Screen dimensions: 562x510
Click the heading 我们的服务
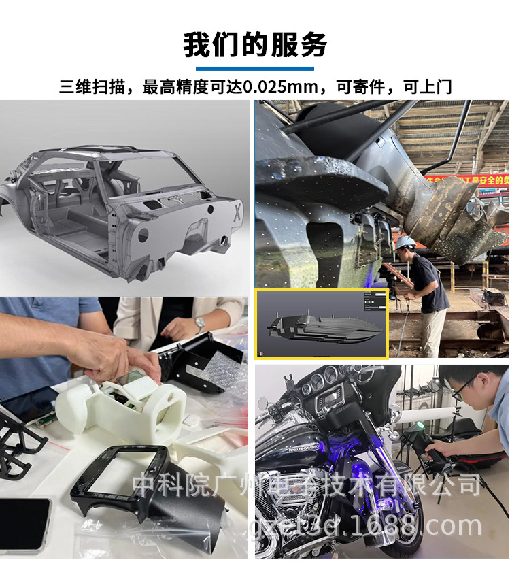pos(255,44)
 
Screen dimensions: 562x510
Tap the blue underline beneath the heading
pos(255,69)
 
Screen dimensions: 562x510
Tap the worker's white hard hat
pos(406,243)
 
